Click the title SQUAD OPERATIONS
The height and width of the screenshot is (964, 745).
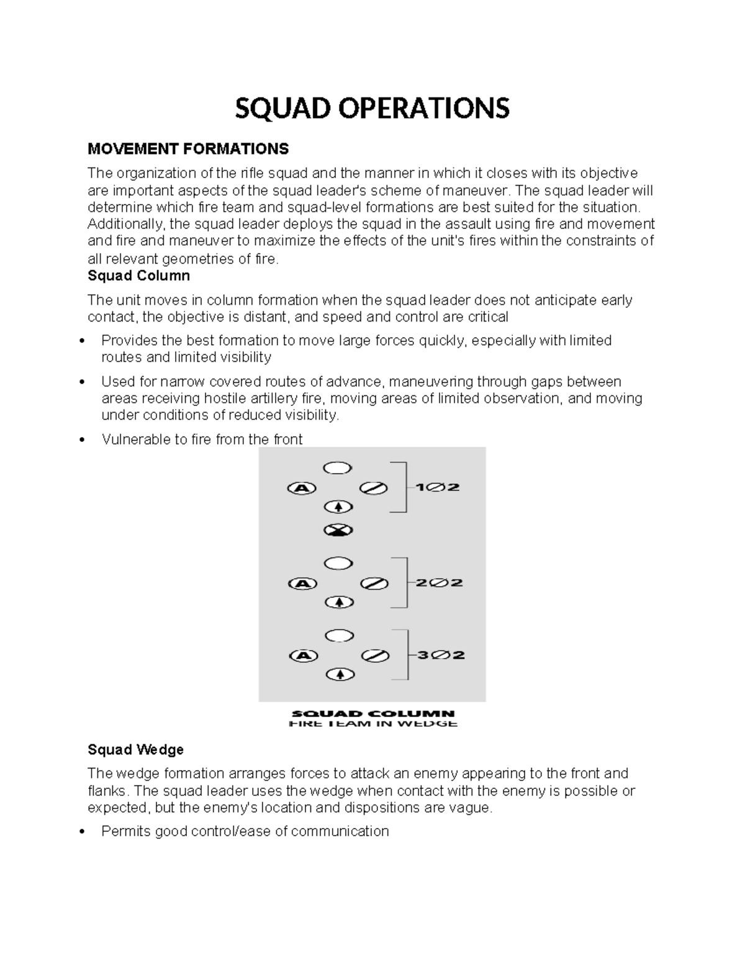point(372,108)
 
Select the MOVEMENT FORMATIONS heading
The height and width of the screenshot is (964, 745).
point(188,149)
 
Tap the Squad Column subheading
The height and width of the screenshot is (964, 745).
point(138,276)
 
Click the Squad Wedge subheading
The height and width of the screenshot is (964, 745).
point(135,750)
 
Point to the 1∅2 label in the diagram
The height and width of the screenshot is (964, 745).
point(438,487)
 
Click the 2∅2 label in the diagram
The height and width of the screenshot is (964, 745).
point(439,583)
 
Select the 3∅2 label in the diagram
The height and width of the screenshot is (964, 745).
point(440,655)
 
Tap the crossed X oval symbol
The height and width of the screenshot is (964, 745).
point(338,530)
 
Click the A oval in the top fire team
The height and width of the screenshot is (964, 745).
point(302,488)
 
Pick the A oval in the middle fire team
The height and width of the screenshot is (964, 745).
point(303,583)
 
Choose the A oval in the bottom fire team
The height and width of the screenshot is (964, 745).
point(304,655)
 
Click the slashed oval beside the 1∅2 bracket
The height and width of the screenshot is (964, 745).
point(374,488)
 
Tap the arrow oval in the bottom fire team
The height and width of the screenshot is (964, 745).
point(340,674)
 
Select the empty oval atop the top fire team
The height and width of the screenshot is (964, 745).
point(338,468)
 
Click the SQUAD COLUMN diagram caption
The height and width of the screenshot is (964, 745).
point(372,714)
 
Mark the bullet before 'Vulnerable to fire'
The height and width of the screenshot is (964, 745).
point(83,440)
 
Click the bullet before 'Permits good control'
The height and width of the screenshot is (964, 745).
point(83,832)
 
